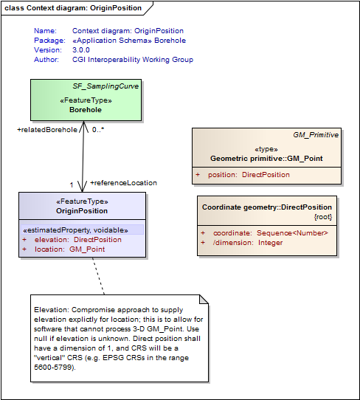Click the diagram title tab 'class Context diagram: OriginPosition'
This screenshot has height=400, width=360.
[73, 8]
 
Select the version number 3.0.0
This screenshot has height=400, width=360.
[81, 49]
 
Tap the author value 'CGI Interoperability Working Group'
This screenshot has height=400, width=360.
[133, 60]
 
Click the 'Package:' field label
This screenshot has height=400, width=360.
[49, 41]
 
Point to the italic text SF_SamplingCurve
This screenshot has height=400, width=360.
[105, 86]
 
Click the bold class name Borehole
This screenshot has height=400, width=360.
[86, 110]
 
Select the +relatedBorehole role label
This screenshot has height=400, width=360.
[47, 130]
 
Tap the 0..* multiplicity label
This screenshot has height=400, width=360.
[98, 130]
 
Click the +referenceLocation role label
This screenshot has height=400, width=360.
[124, 183]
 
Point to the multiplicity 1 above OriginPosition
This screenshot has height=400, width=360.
[72, 185]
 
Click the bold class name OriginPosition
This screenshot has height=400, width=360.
[82, 211]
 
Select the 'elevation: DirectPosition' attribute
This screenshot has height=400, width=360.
[78, 240]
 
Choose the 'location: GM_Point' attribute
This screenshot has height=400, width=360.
[69, 249]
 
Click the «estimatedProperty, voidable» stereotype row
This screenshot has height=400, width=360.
[75, 230]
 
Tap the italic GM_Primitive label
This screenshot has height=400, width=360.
[316, 135]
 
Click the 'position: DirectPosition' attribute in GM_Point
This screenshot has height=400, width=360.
[249, 175]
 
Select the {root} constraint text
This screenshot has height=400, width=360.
[323, 217]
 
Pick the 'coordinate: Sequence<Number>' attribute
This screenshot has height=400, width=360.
[271, 233]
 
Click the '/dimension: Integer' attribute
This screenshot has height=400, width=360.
[248, 243]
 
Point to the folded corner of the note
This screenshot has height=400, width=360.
[204, 300]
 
